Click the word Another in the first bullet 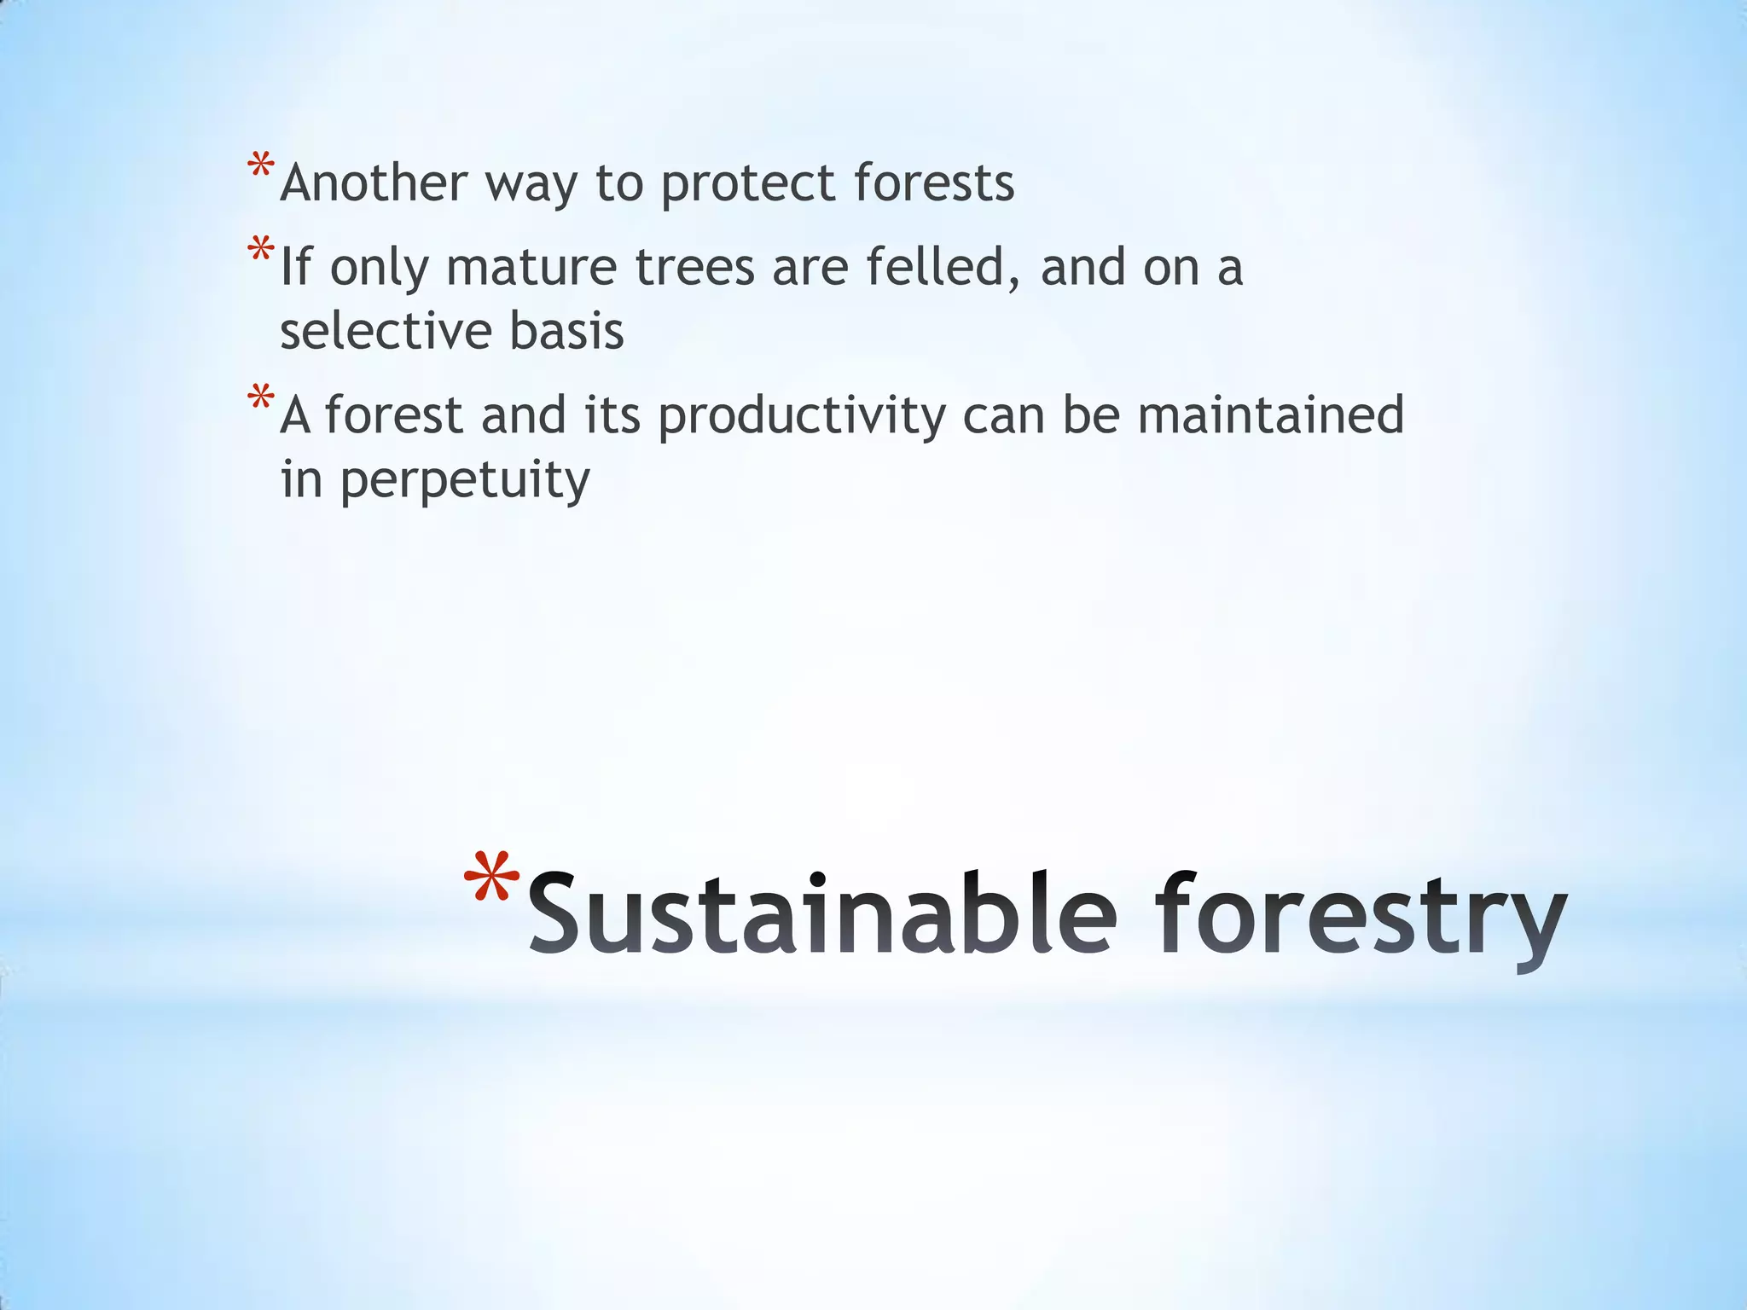374,183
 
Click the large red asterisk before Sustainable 491,878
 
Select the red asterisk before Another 260,165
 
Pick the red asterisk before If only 260,250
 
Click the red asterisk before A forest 260,398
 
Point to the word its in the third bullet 612,415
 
